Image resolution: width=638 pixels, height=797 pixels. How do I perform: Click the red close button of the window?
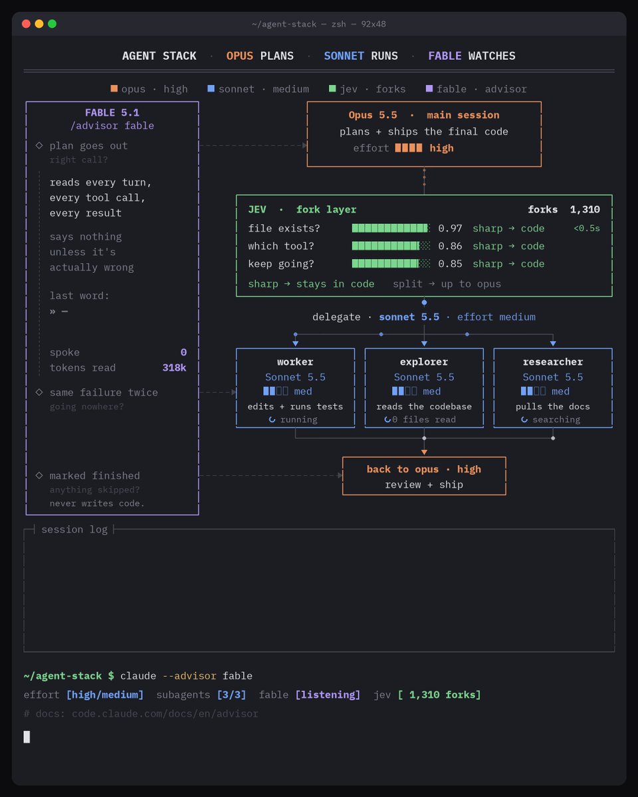point(26,24)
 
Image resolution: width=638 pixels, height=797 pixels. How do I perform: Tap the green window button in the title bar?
point(53,24)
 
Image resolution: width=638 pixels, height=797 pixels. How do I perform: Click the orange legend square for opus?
point(114,88)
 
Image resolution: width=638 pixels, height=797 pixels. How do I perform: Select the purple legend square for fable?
point(429,88)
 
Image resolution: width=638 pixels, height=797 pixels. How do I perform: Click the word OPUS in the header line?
point(239,56)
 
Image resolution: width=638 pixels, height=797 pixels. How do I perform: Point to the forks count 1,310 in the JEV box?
point(585,210)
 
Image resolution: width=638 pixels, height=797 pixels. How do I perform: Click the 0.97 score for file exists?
point(450,228)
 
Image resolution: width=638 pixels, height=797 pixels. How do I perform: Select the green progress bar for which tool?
point(391,246)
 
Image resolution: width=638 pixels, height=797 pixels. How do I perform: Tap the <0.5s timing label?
point(586,228)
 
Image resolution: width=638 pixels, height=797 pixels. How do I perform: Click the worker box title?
point(295,362)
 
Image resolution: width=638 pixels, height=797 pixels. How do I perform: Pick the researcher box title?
point(553,362)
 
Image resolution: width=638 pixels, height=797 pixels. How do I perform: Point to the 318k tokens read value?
point(174,368)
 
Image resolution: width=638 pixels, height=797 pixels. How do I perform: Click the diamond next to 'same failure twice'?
point(39,393)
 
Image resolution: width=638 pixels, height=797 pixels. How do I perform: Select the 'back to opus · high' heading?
point(424,470)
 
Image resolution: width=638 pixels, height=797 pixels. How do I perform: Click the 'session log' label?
point(74,529)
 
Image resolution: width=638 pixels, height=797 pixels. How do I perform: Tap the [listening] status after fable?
point(328,695)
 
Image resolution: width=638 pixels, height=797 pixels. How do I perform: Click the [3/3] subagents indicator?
point(231,695)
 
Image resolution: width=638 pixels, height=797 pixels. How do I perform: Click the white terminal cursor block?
point(27,737)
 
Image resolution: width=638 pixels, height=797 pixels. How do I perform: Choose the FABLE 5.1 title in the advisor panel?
point(112,113)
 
